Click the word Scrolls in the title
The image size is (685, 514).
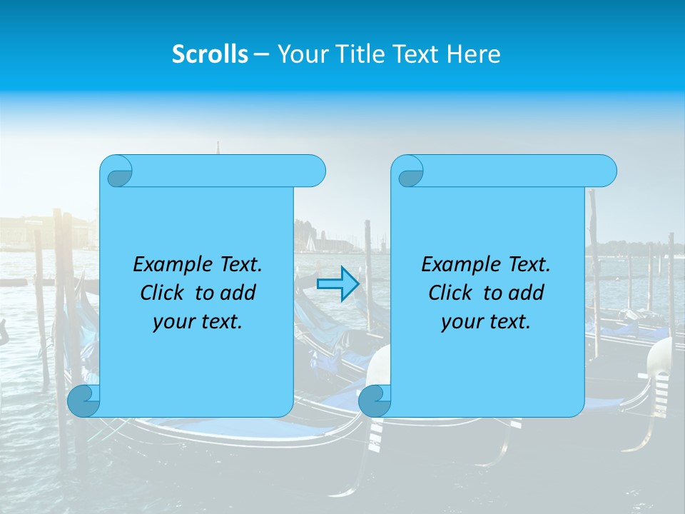pos(210,54)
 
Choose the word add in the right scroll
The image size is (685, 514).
pos(526,293)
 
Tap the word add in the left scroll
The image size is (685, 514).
pos(238,293)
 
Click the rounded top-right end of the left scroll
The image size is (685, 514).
pos(314,171)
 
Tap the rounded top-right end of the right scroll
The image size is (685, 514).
pos(605,171)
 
